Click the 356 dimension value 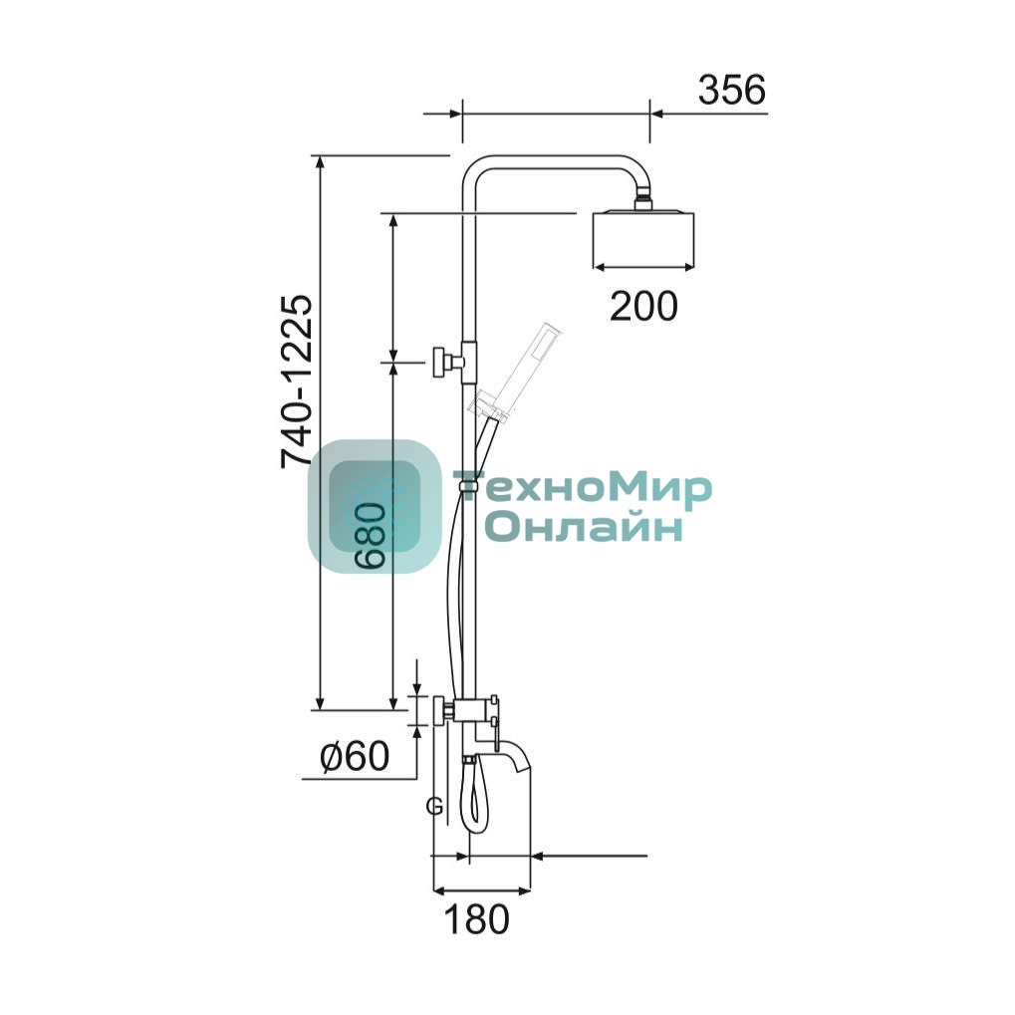point(731,90)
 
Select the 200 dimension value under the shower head point(643,306)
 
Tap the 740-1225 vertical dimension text point(297,381)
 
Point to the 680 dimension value point(372,536)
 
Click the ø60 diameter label point(355,755)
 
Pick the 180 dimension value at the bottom point(477,919)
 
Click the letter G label point(434,807)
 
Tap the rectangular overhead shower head point(643,238)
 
